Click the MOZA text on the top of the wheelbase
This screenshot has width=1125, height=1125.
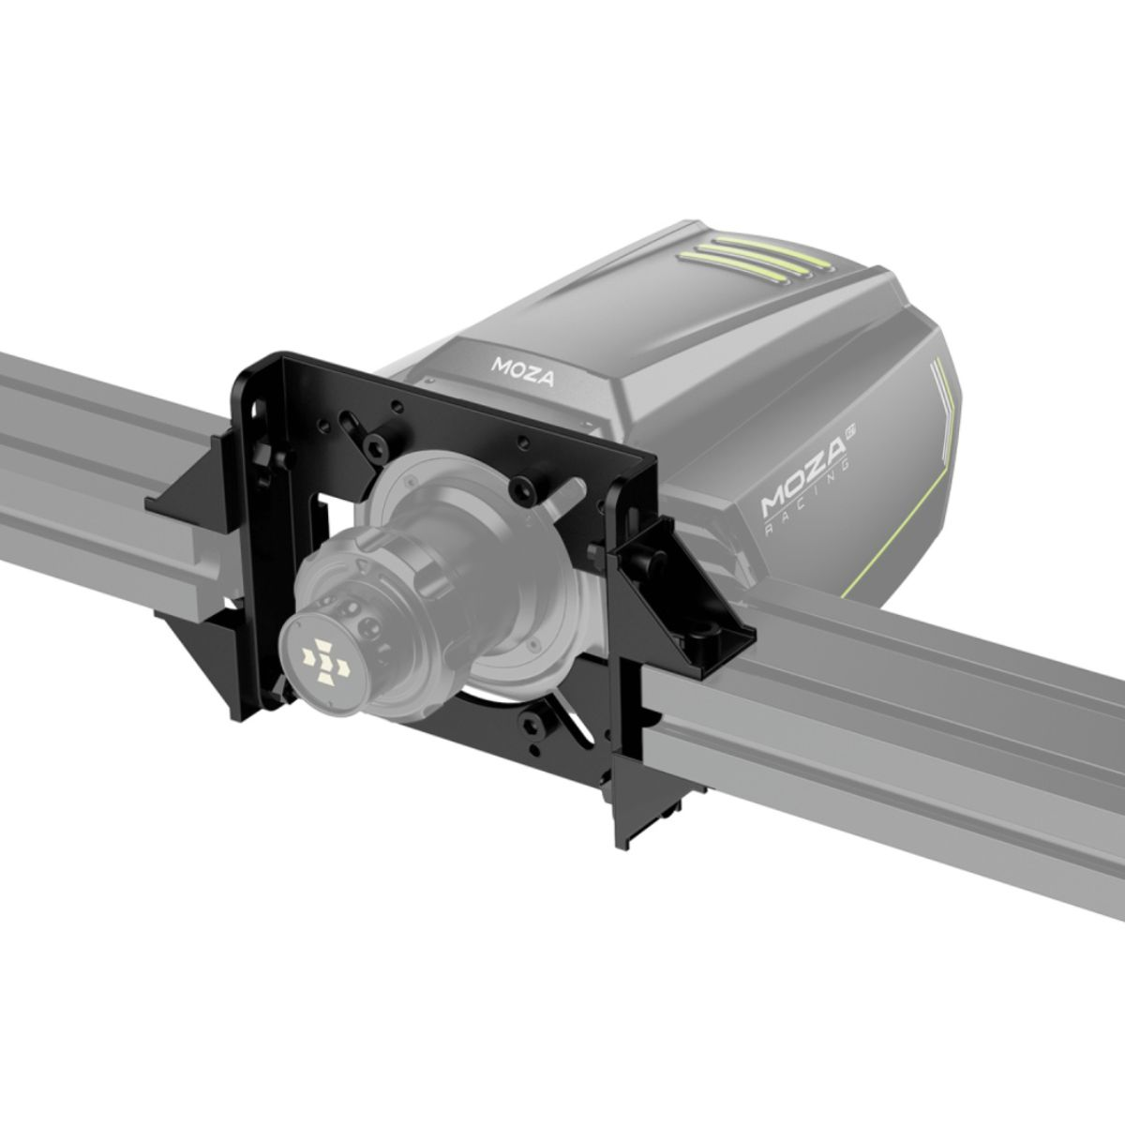[x=522, y=371]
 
